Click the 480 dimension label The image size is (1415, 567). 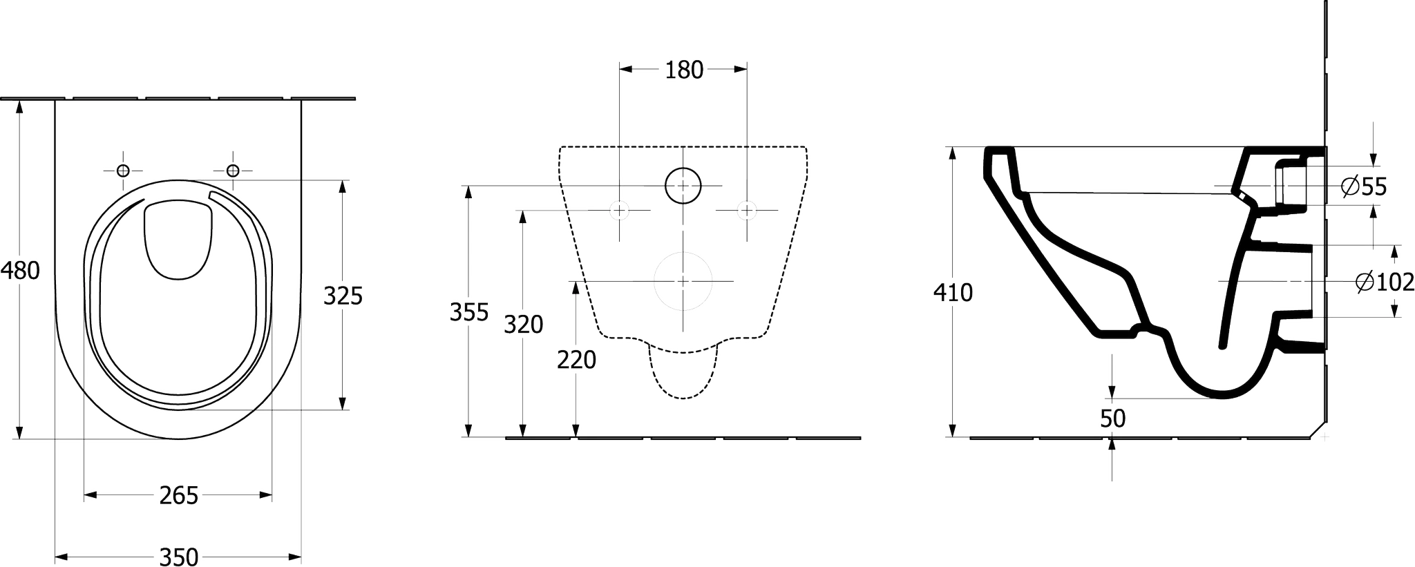pos(20,270)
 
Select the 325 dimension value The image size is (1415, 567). pos(343,296)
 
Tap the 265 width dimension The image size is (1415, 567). pos(179,495)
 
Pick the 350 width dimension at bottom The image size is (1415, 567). pos(179,556)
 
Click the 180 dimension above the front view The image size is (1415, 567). pos(683,70)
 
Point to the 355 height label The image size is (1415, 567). pos(469,312)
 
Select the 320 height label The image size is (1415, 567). pos(523,324)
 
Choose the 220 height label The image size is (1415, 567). pos(576,359)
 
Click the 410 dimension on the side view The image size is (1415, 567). pos(953,293)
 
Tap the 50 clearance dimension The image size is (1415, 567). pos(1112,419)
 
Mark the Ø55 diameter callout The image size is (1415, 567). pos(1363,186)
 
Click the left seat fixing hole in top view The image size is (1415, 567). pos(123,170)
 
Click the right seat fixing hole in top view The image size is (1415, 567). pos(233,170)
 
